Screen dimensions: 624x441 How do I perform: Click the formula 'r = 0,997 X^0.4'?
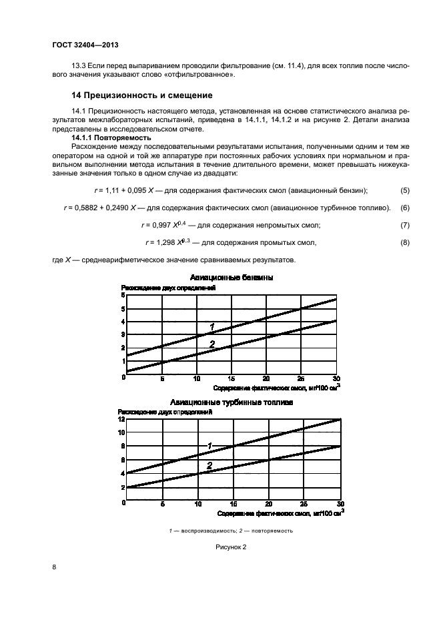165,225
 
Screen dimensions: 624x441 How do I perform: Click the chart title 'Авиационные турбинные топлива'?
232,402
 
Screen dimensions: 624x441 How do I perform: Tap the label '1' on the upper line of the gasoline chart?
211,326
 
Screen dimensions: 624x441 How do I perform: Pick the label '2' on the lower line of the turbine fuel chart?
209,466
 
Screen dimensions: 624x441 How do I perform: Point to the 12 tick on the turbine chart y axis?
121,419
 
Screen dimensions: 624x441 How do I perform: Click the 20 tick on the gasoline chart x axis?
266,378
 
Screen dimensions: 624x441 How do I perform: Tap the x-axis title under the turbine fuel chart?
279,514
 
